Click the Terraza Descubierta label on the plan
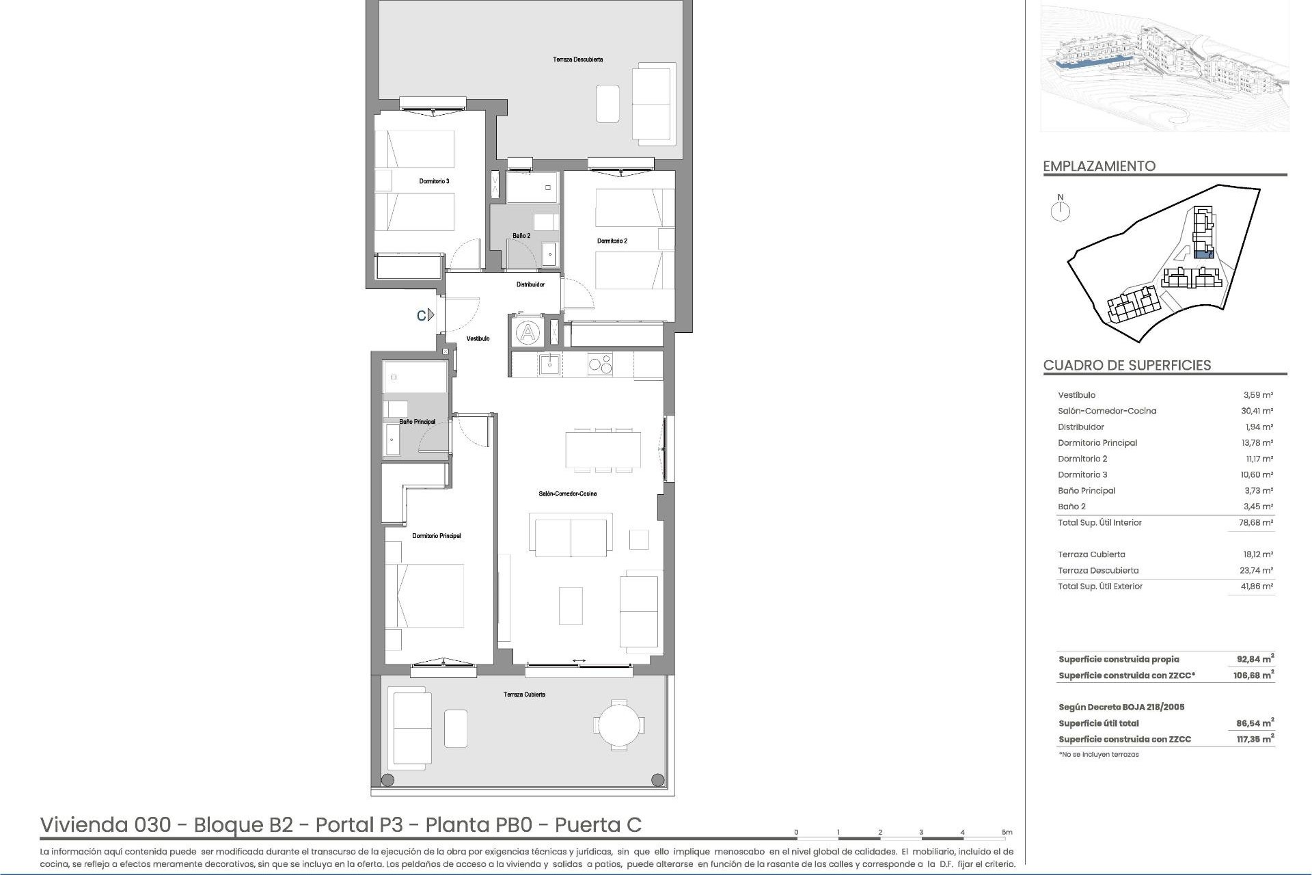577,59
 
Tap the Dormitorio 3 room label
434,181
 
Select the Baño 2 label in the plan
521,236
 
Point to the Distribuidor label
530,284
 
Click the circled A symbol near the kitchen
527,334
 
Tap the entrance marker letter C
422,315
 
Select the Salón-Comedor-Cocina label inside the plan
567,494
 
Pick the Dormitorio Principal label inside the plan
436,536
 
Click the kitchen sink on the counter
549,364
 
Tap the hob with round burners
600,364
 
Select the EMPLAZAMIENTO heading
1099,166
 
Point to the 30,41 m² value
1258,411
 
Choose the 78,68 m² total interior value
1258,522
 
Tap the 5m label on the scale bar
1007,833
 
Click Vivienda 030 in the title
105,825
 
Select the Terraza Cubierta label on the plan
524,695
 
